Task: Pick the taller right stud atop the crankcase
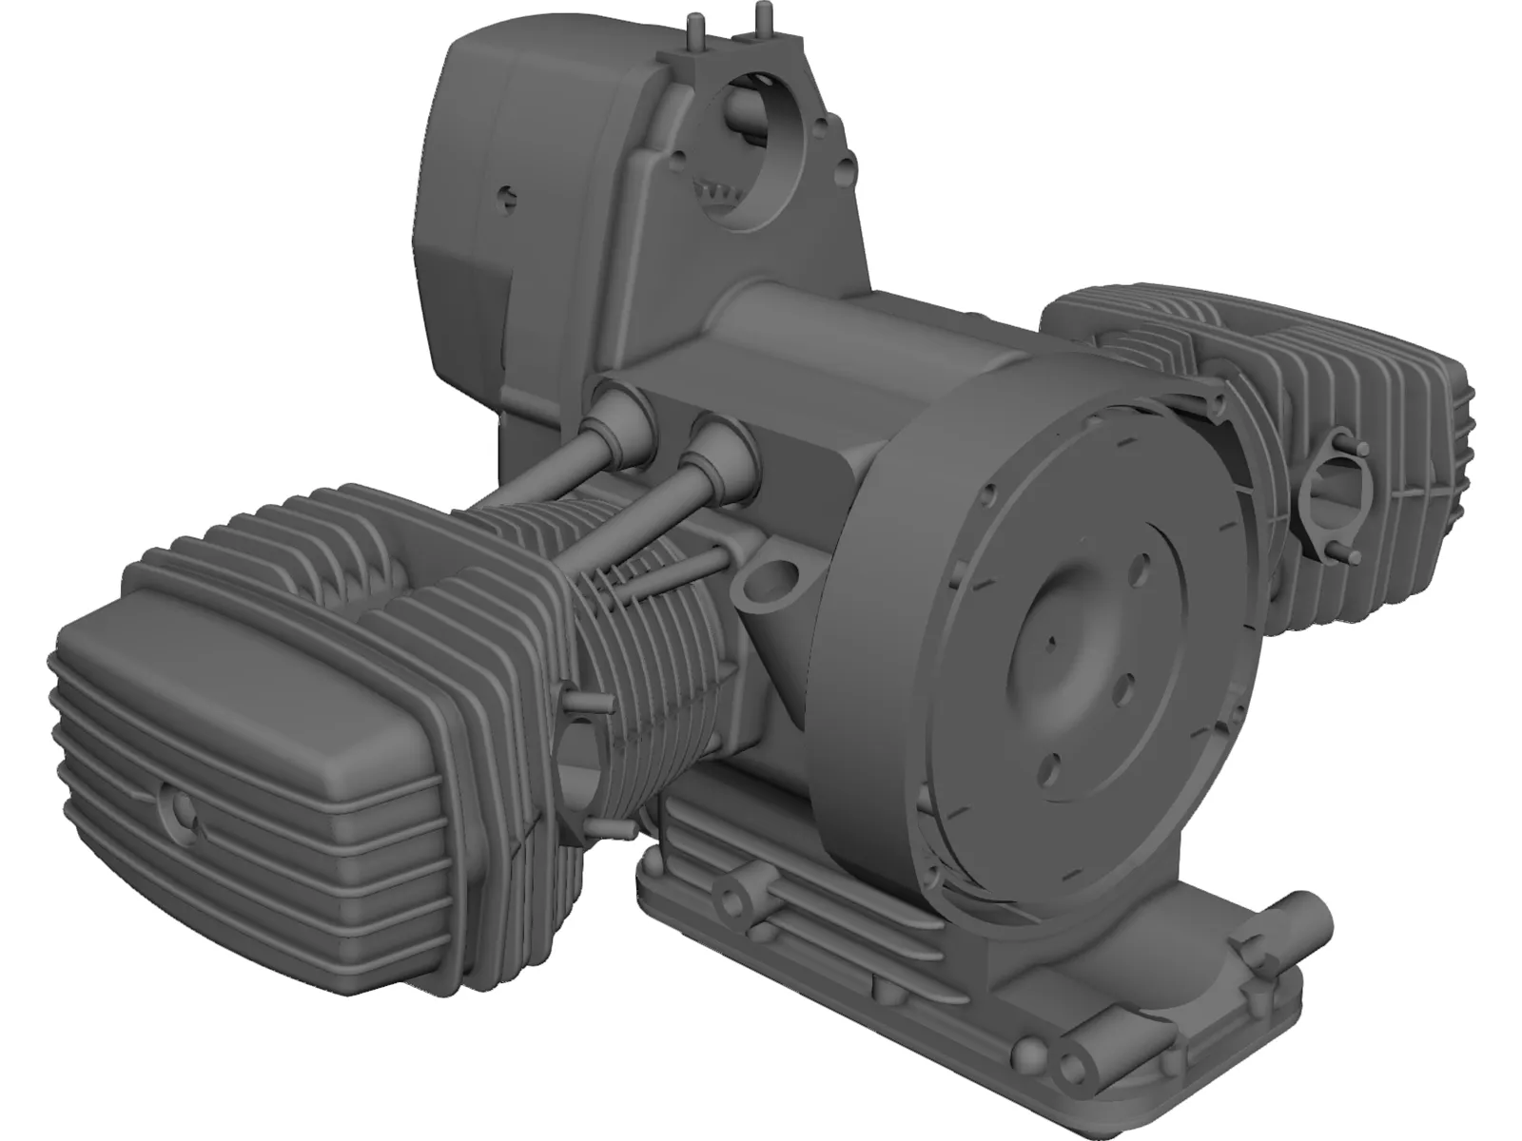[x=759, y=17]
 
